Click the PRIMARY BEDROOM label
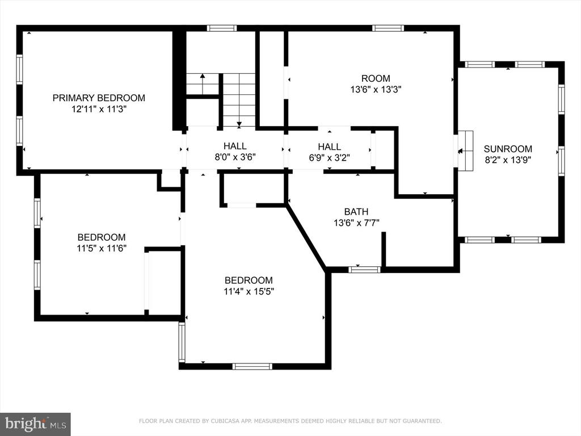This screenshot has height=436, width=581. point(99,98)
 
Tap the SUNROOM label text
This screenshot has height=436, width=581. point(508,149)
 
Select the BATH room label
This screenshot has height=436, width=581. point(356,212)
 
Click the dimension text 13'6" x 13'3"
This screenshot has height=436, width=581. point(376,89)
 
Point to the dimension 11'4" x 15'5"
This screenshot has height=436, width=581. point(249,291)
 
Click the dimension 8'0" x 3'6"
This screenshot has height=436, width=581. point(235,157)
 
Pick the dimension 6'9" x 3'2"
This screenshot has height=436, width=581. point(330,157)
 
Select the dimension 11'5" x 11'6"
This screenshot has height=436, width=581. point(102,249)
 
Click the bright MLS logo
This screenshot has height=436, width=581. point(35,424)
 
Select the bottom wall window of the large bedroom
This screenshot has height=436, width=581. point(252,366)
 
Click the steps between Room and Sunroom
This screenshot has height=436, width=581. point(466,151)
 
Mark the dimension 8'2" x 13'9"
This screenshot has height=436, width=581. point(508,160)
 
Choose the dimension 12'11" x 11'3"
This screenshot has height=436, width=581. point(99,110)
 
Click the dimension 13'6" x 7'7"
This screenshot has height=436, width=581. point(356,223)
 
